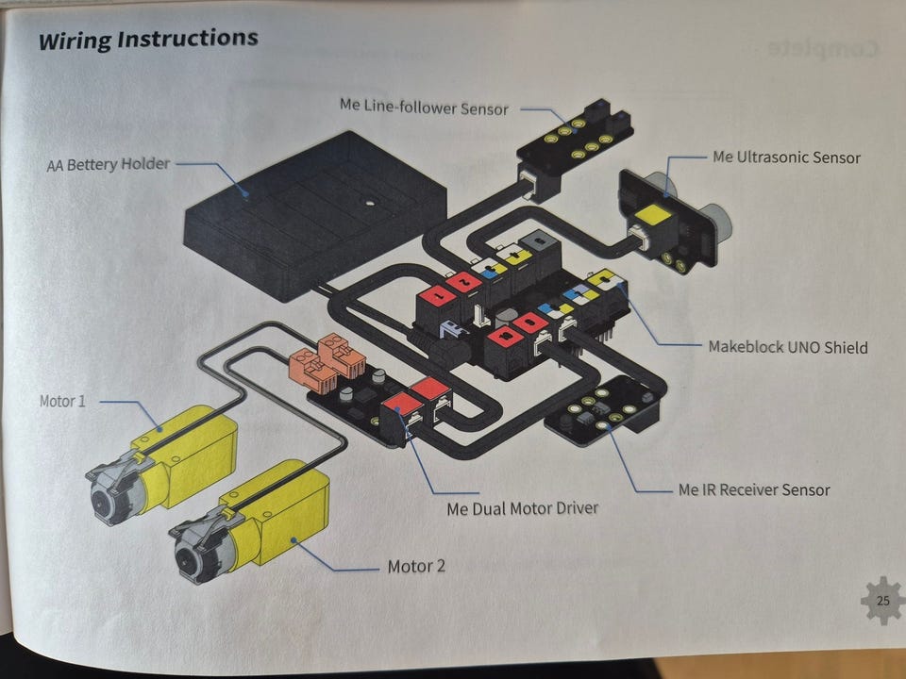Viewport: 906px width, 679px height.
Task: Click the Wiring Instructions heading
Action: click(147, 41)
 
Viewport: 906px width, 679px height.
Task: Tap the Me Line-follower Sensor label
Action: click(424, 108)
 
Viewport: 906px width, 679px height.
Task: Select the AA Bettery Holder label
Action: click(109, 164)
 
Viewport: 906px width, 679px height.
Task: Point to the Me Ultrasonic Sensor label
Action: click(786, 157)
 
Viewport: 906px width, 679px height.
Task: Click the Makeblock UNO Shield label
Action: click(787, 347)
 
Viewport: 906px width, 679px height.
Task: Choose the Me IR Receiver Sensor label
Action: click(754, 489)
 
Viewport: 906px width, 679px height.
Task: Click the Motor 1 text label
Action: click(62, 401)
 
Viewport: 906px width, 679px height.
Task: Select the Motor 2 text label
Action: click(416, 567)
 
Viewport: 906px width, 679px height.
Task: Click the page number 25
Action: click(882, 601)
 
